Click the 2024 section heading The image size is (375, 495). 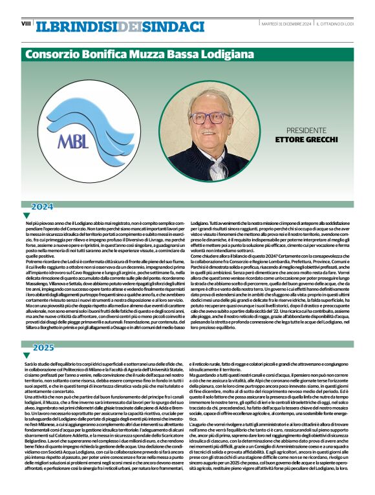click(x=42, y=207)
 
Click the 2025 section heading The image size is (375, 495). click(x=43, y=348)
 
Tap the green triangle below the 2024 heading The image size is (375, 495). click(x=27, y=216)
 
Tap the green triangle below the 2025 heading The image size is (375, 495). click(x=27, y=356)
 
